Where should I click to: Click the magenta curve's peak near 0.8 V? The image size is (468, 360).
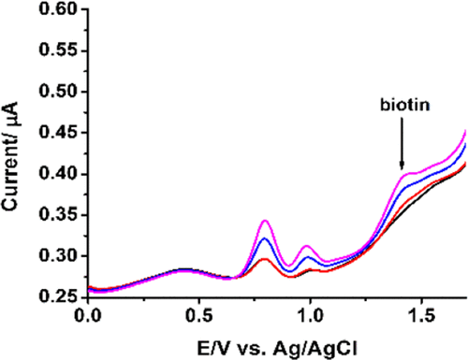[266, 221]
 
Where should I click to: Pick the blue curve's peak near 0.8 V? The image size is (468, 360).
[266, 239]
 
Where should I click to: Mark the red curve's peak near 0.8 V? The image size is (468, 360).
[265, 259]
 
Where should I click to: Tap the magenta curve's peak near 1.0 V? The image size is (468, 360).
[306, 246]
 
